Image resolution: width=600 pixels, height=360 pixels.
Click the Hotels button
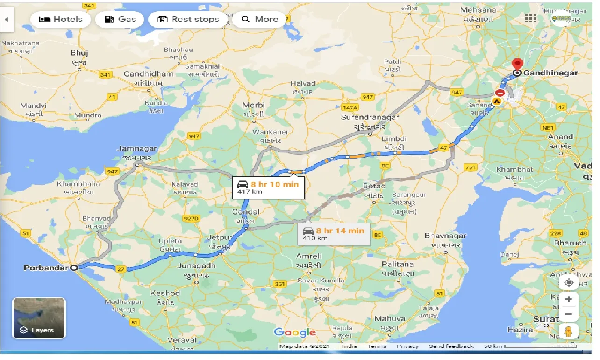pos(60,19)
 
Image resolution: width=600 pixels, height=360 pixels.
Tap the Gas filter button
pos(120,19)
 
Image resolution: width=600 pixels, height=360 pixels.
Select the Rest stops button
pos(188,19)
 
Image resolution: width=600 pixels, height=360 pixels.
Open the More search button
pos(260,19)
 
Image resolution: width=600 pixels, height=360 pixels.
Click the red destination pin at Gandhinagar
pos(517,64)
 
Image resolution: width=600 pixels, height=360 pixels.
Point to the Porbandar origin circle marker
pos(74,268)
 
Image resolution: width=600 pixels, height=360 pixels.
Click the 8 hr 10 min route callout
pos(268,187)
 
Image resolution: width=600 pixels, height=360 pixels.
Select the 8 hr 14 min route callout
pos(334,234)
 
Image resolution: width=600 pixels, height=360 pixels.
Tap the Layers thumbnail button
pos(39,318)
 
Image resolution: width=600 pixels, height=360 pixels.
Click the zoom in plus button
pos(569,299)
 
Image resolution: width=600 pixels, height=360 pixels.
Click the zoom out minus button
pos(569,314)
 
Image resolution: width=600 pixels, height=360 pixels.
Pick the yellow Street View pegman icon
pos(569,331)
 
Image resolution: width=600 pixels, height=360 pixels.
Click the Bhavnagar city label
pos(445,236)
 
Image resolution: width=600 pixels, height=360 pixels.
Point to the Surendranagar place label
pos(370,117)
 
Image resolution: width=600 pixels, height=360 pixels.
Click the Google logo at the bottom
pos(295,332)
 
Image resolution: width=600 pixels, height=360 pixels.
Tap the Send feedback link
pos(451,346)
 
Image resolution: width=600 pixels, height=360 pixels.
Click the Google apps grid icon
pos(531,18)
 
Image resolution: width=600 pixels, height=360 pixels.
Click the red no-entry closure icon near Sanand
pos(500,93)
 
